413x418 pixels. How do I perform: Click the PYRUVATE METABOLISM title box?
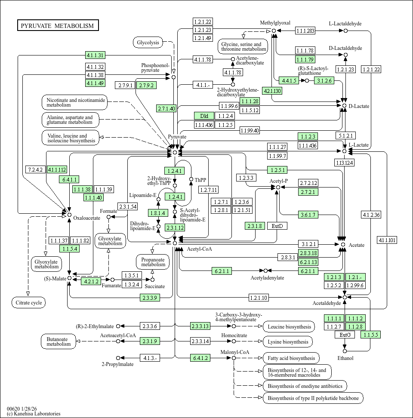[58, 26]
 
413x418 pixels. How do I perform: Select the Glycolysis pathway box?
[148, 42]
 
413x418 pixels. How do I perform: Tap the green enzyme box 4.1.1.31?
[95, 55]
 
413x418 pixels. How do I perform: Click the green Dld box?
[204, 116]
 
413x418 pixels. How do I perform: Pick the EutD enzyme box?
[277, 226]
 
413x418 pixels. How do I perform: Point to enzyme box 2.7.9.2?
[146, 85]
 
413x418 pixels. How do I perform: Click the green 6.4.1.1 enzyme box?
[70, 179]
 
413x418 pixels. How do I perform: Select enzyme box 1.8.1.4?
[157, 213]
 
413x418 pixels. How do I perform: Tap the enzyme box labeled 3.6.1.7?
[308, 215]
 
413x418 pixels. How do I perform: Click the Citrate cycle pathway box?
[28, 303]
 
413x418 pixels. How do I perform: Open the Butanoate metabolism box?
[59, 341]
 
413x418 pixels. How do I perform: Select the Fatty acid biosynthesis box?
[291, 358]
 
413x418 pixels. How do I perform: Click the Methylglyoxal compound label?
[275, 23]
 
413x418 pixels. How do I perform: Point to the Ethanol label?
[345, 358]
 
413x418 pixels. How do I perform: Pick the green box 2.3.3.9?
[150, 297]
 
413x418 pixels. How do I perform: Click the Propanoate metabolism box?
[153, 261]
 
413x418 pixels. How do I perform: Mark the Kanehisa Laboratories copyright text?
[34, 414]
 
